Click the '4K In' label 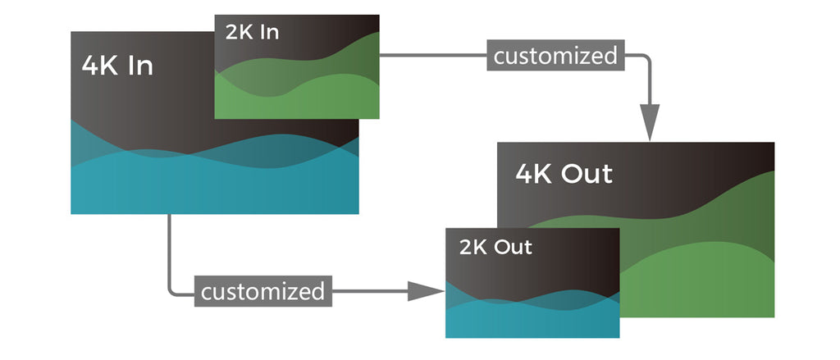117,66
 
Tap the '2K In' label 252,32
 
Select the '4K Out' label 564,174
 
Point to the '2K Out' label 495,247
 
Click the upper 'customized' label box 555,56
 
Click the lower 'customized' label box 262,291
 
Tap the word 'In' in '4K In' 140,66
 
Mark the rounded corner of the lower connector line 172,288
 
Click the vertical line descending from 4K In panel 169,246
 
